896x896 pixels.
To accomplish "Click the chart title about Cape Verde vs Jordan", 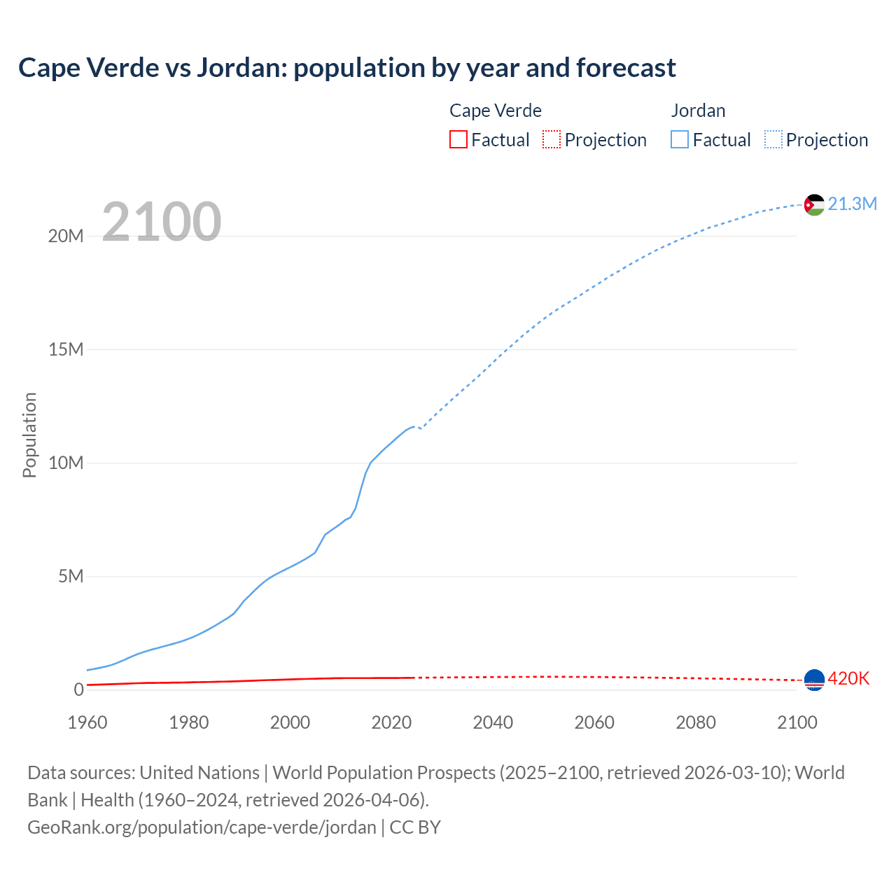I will (347, 68).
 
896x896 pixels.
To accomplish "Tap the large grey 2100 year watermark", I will (162, 222).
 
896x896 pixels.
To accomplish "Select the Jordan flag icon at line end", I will (814, 204).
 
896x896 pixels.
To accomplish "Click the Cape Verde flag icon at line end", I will (814, 679).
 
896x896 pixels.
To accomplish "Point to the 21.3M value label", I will (852, 204).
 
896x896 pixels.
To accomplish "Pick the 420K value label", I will (848, 678).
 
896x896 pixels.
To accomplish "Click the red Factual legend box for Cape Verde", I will (458, 140).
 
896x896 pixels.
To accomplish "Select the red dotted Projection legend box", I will (552, 140).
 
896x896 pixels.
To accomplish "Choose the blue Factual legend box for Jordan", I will (680, 140).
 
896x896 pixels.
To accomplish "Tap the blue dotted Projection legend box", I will (773, 140).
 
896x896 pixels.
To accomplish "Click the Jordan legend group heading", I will (698, 111).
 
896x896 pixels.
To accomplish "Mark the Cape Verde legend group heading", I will (496, 111).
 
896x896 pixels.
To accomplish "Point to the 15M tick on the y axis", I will (66, 349).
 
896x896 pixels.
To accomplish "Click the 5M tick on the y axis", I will (71, 576).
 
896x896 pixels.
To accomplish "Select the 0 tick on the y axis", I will (78, 689).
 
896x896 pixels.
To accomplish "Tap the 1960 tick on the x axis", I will (87, 722).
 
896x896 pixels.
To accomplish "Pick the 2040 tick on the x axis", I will (493, 722).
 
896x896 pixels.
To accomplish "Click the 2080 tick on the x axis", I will (696, 722).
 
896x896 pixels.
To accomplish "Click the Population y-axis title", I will (29, 435).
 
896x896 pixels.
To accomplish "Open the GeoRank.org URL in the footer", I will (202, 827).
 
